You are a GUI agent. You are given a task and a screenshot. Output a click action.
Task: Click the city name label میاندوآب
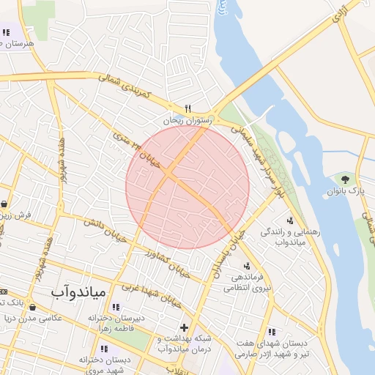point(79,292)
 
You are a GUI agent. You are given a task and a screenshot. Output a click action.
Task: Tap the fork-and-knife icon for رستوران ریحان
point(189,107)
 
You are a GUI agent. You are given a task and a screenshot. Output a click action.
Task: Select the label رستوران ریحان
point(189,119)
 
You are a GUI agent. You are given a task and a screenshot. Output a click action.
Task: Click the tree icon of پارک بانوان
point(344,179)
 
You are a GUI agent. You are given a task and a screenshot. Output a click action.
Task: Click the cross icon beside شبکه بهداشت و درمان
point(183,327)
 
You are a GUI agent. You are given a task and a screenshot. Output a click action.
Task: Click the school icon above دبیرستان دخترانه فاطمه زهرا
point(116,307)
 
